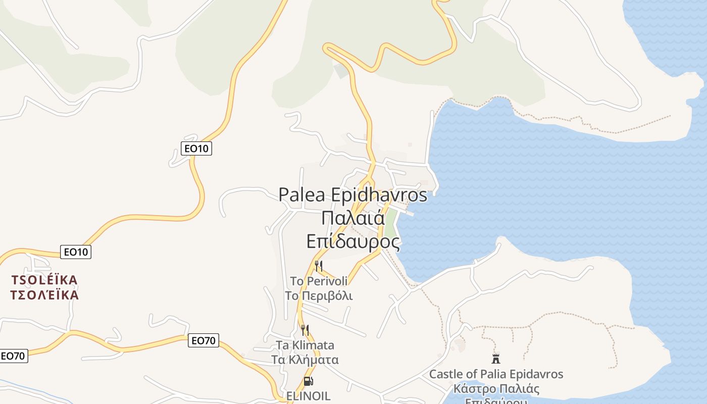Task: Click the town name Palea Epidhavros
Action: pos(353,194)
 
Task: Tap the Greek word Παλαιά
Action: pos(353,218)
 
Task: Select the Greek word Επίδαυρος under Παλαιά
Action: pos(353,241)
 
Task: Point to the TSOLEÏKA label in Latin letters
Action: pos(44,280)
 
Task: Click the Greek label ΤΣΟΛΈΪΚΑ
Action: pos(44,295)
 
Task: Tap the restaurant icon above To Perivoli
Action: pos(319,266)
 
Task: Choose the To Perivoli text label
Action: pos(319,281)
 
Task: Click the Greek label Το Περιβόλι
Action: pos(319,296)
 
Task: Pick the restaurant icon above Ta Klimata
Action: pos(305,330)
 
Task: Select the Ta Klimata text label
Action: pos(305,345)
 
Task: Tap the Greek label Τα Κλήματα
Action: pos(305,360)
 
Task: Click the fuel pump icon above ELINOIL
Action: pos(308,381)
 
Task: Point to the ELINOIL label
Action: pos(308,396)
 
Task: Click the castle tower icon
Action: pos(496,359)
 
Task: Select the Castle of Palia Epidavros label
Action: pos(496,374)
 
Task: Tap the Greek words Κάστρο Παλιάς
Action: pos(496,389)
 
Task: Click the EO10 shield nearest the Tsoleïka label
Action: pos(76,251)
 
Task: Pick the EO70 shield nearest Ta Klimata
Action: pos(204,340)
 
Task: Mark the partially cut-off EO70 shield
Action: pos(13,356)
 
